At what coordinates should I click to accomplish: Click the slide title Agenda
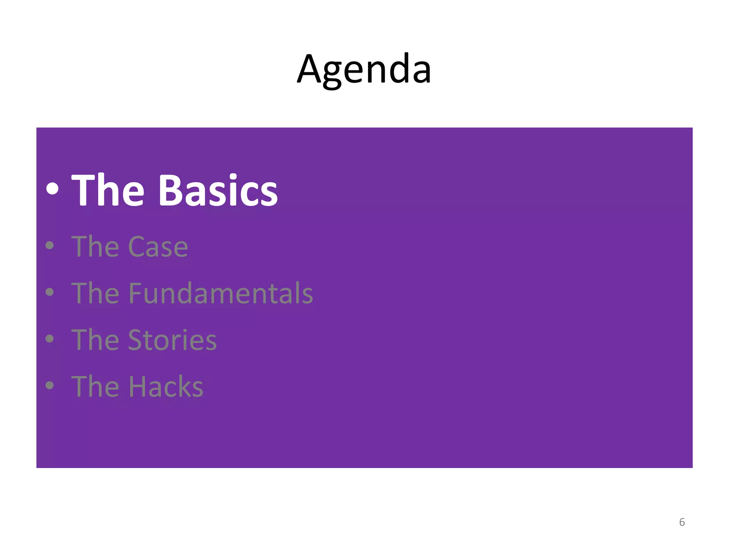pos(364,69)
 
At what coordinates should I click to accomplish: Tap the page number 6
pos(682,522)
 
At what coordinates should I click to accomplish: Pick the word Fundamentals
pos(220,293)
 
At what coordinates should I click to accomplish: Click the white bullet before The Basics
pos(52,189)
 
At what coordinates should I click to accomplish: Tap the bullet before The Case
pos(50,245)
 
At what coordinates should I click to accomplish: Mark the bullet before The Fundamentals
pos(50,292)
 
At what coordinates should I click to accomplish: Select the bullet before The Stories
pos(50,339)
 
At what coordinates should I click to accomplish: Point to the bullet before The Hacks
pos(50,385)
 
